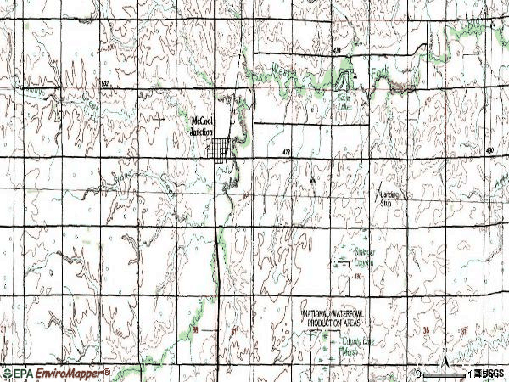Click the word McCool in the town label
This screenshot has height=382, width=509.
click(202, 120)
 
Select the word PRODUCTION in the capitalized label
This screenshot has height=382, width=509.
click(321, 323)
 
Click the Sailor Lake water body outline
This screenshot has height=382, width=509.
click(343, 81)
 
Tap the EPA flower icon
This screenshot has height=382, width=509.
click(7, 374)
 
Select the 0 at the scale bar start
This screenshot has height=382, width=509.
click(419, 374)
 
